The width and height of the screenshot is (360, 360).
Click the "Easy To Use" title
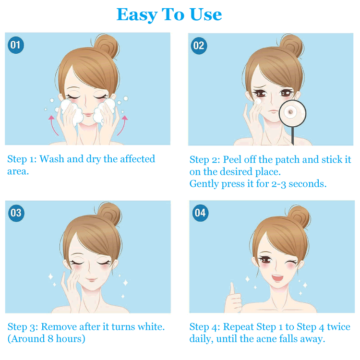(x=169, y=14)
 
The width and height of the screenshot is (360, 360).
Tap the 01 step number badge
(x=16, y=46)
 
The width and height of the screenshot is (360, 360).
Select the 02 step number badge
(x=198, y=46)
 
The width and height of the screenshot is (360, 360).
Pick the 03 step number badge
(x=16, y=213)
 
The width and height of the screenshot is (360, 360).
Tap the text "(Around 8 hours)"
(x=47, y=339)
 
